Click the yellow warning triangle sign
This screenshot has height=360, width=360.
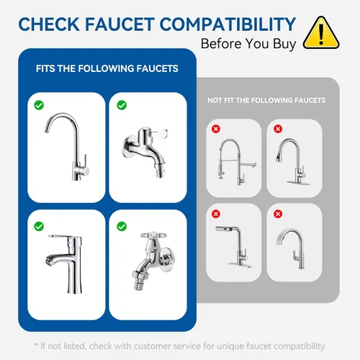click(321, 33)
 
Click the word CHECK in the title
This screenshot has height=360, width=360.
click(49, 24)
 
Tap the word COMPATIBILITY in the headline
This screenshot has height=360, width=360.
click(228, 24)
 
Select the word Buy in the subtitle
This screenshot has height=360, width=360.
click(284, 45)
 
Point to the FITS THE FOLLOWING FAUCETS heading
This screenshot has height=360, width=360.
click(107, 68)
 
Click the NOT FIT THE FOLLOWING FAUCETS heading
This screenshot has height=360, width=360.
click(266, 100)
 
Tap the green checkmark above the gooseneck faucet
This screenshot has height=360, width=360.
click(39, 105)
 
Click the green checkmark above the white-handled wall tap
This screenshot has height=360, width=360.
click(122, 105)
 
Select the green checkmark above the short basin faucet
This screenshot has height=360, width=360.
click(39, 226)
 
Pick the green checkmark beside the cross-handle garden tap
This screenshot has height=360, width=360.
click(122, 226)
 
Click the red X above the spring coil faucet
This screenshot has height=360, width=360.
click(216, 129)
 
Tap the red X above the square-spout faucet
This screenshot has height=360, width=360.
click(216, 214)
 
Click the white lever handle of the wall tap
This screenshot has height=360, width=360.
click(158, 132)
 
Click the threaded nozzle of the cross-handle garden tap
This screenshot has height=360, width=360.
click(138, 283)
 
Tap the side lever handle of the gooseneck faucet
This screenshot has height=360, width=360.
click(85, 166)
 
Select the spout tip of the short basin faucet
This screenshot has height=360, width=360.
click(49, 261)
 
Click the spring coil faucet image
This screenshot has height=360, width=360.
click(237, 161)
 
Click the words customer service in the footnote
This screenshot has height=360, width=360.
click(167, 346)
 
